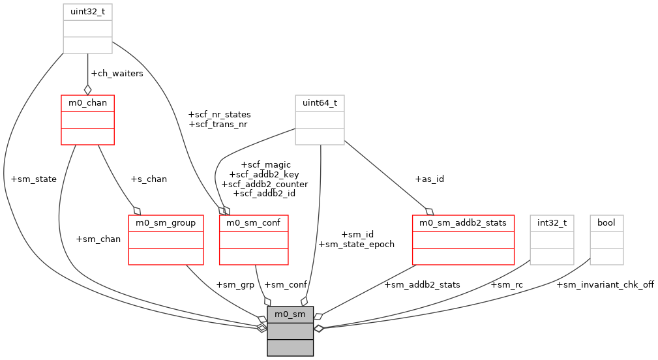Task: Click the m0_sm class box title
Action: pyautogui.click(x=290, y=314)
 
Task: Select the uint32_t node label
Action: pyautogui.click(x=87, y=12)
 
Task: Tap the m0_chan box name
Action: pyautogui.click(x=87, y=103)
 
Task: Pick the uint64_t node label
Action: pyautogui.click(x=320, y=103)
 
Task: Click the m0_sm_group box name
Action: pyautogui.click(x=166, y=223)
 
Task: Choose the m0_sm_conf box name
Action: pyautogui.click(x=254, y=223)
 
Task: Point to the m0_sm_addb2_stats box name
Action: pyautogui.click(x=463, y=223)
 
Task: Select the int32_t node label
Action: pyautogui.click(x=552, y=223)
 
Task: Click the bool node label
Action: pyautogui.click(x=606, y=223)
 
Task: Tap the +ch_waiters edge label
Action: pyautogui.click(x=117, y=73)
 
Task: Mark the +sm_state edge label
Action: pyautogui.click(x=34, y=179)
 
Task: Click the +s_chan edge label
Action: pyautogui.click(x=149, y=179)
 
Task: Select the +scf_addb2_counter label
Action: pyautogui.click(x=265, y=184)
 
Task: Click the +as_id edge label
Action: pyautogui.click(x=429, y=179)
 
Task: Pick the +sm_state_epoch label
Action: pyautogui.click(x=356, y=244)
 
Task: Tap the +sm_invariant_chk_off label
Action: pyautogui.click(x=605, y=284)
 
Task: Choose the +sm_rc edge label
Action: pyautogui.click(x=507, y=284)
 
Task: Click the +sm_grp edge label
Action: pyautogui.click(x=234, y=284)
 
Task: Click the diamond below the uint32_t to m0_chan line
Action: pyautogui.click(x=87, y=89)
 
